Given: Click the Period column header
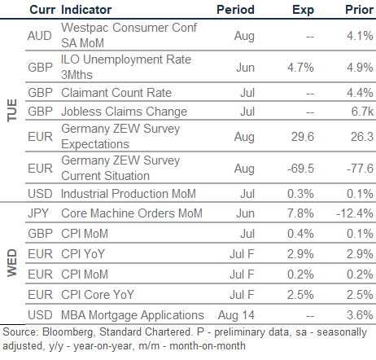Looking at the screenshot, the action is pyautogui.click(x=235, y=10).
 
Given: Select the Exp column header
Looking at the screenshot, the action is pyautogui.click(x=303, y=11).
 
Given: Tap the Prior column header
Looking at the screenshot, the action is pyautogui.click(x=359, y=10).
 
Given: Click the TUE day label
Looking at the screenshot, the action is pyautogui.click(x=12, y=110).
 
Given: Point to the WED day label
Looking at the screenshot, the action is pyautogui.click(x=12, y=263).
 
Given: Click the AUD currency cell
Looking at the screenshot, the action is pyautogui.click(x=40, y=36).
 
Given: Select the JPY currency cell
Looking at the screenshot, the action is pyautogui.click(x=38, y=213).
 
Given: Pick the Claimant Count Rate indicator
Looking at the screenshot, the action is pyautogui.click(x=116, y=93).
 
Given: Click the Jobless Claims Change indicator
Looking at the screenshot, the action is pyautogui.click(x=125, y=112).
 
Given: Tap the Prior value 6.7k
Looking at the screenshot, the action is pyautogui.click(x=362, y=112).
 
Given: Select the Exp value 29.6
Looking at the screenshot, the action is pyautogui.click(x=303, y=137).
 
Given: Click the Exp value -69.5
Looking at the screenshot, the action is pyautogui.click(x=300, y=169).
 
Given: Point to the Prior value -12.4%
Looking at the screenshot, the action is pyautogui.click(x=355, y=213).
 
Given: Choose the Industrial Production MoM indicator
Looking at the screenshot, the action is pyautogui.click(x=129, y=194).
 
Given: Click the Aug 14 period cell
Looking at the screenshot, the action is pyautogui.click(x=236, y=315).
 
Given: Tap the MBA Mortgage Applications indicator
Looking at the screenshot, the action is pyautogui.click(x=133, y=315).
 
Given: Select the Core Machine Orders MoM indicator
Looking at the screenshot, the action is pyautogui.click(x=132, y=213).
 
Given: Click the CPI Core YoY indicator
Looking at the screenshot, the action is pyautogui.click(x=98, y=295).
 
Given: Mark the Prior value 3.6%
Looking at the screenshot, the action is pyautogui.click(x=360, y=315).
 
